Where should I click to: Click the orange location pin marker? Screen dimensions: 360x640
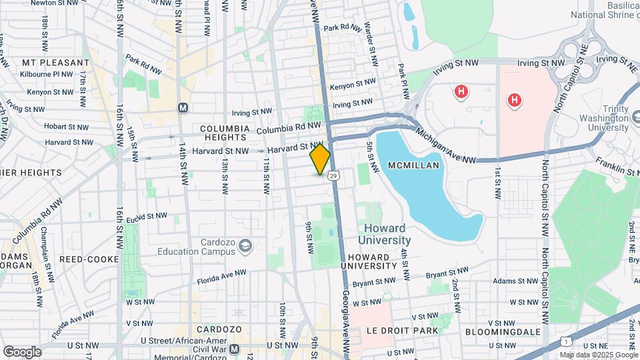pyautogui.click(x=320, y=159)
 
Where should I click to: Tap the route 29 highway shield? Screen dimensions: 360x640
pyautogui.click(x=333, y=175)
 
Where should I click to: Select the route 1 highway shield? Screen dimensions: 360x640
pyautogui.click(x=565, y=341)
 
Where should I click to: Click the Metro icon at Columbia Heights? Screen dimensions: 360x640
pyautogui.click(x=182, y=107)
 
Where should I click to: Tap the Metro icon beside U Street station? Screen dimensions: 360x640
pyautogui.click(x=234, y=349)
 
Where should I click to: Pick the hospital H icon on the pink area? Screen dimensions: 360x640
pyautogui.click(x=514, y=101)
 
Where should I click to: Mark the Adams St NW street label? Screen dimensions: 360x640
pyautogui.click(x=515, y=281)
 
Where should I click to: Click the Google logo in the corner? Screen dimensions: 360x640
pyautogui.click(x=22, y=351)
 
